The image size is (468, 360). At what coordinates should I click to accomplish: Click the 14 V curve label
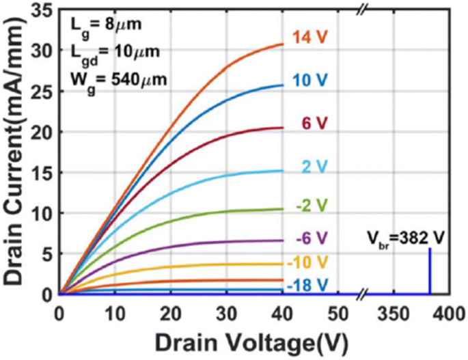[x=310, y=38]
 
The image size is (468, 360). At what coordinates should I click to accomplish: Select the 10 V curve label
[x=310, y=81]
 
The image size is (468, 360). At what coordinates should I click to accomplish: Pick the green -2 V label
[x=311, y=206]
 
